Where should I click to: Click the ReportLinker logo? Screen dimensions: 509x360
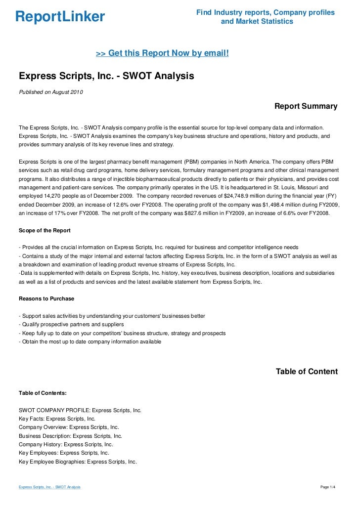point(60,17)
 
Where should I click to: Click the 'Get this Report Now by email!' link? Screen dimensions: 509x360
point(162,53)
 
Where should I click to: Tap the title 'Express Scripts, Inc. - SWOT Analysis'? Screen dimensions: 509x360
point(106,77)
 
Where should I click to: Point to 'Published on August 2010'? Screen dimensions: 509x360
point(50,91)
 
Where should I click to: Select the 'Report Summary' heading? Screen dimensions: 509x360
point(306,106)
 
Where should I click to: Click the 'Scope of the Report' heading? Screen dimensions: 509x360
point(45,230)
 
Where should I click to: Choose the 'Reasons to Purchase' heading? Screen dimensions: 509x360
point(46,298)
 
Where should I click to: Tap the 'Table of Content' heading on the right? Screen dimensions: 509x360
point(307,371)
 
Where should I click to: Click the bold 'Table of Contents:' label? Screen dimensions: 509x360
point(43,393)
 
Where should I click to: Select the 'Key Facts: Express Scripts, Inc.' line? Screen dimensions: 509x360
point(57,419)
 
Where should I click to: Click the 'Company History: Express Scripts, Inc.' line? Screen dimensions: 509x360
point(66,444)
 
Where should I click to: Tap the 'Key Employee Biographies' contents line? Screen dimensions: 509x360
point(78,462)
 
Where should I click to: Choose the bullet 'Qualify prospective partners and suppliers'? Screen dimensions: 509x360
point(71,325)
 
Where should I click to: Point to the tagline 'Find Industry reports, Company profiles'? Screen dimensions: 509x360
point(265,12)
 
